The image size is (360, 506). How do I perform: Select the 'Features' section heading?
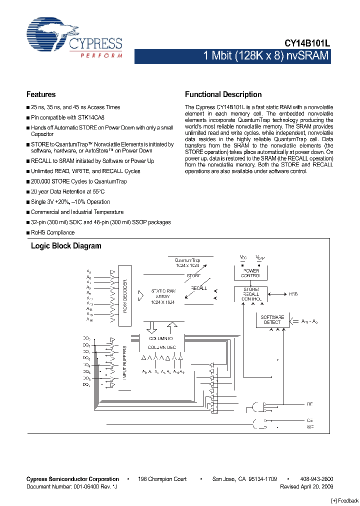click(x=41, y=94)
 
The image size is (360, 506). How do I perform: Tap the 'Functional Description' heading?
click(x=223, y=94)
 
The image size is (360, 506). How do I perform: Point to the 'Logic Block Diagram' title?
click(x=66, y=246)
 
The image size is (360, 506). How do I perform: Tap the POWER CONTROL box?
click(x=250, y=273)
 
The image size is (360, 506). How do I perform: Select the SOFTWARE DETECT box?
click(x=272, y=319)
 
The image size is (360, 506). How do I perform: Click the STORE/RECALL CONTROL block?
click(x=250, y=294)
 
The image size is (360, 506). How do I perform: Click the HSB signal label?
click(x=293, y=294)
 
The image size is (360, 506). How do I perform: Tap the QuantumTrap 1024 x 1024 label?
click(x=187, y=263)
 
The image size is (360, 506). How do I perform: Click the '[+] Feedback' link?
click(x=345, y=500)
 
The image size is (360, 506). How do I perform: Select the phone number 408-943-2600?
click(x=316, y=479)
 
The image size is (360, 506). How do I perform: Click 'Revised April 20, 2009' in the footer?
click(x=306, y=486)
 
